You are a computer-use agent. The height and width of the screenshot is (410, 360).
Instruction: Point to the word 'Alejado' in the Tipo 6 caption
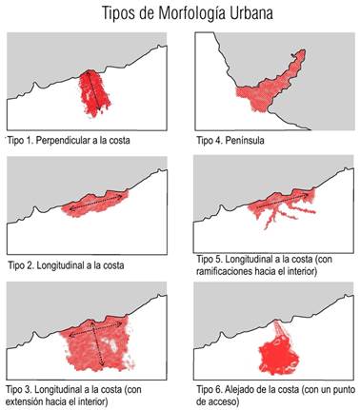[244, 388]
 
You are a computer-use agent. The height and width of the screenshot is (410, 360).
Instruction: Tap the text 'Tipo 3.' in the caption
[20, 388]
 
